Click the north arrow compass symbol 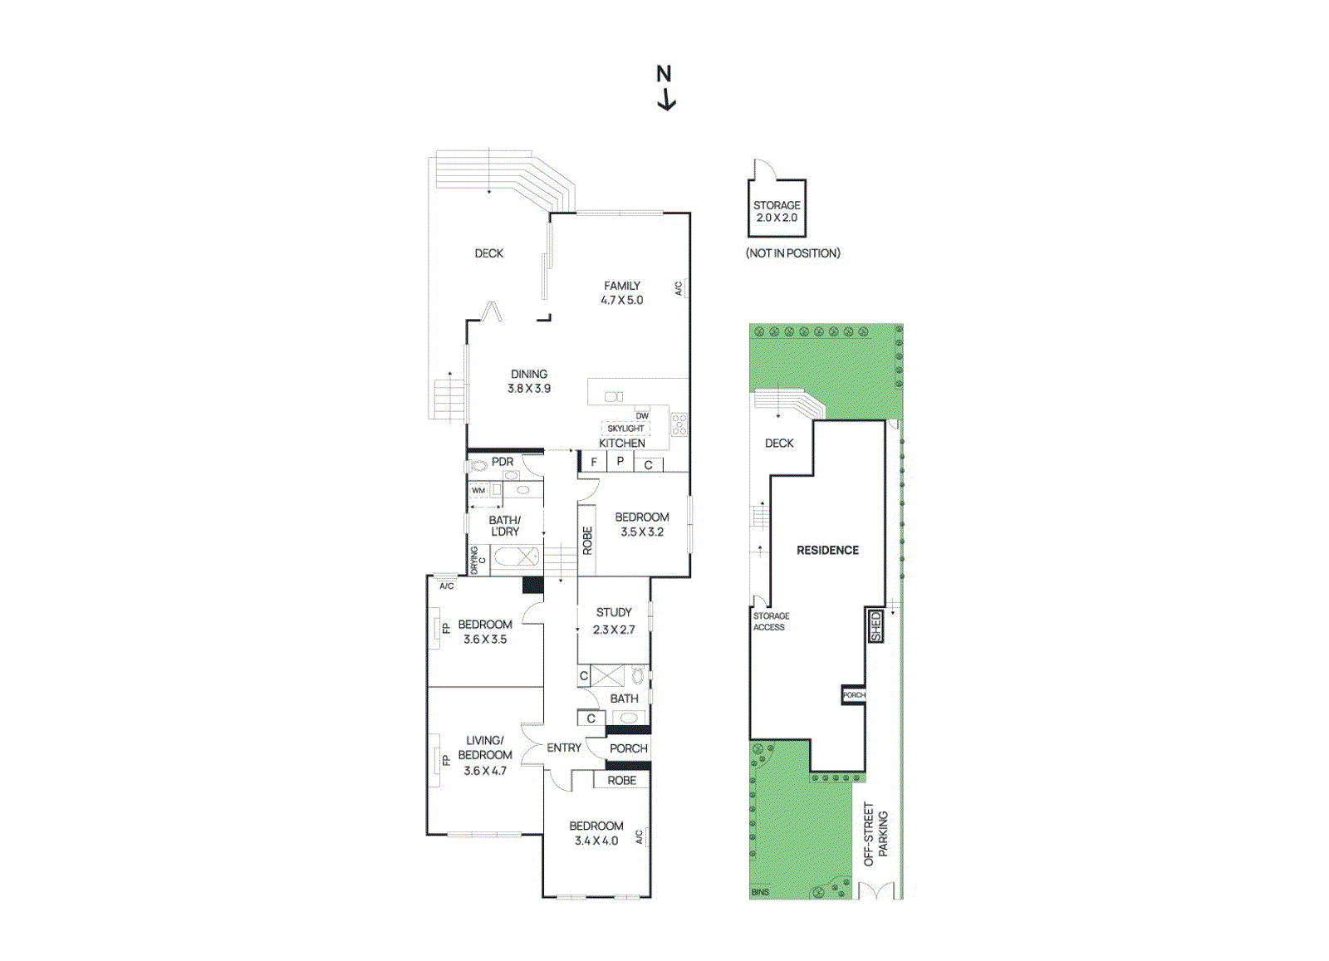tap(665, 87)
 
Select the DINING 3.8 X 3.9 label tap(529, 381)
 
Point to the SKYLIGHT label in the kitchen tap(625, 429)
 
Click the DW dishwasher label tap(642, 415)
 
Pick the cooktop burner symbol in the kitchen tap(679, 424)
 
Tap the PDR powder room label tap(503, 462)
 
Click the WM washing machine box tap(479, 491)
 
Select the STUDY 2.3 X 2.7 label tap(614, 620)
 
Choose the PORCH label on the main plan tap(629, 748)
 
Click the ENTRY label tap(564, 748)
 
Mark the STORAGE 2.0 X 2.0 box tap(777, 211)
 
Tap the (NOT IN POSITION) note tap(793, 253)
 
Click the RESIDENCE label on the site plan tap(827, 550)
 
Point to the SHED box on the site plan tap(875, 625)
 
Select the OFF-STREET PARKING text tap(875, 834)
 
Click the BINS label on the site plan tap(760, 892)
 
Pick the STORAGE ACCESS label tap(771, 621)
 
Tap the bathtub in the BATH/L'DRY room tap(517, 556)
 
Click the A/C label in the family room tap(679, 288)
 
